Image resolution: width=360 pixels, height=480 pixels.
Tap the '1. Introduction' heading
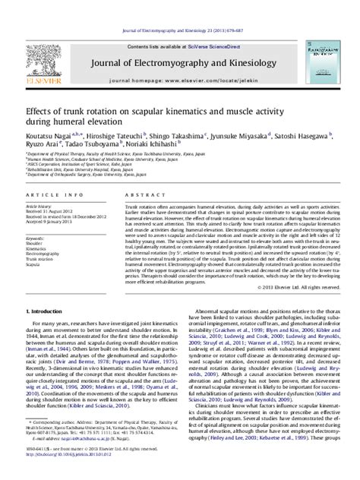point(46,270)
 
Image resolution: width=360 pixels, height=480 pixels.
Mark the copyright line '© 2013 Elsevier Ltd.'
point(312,247)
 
